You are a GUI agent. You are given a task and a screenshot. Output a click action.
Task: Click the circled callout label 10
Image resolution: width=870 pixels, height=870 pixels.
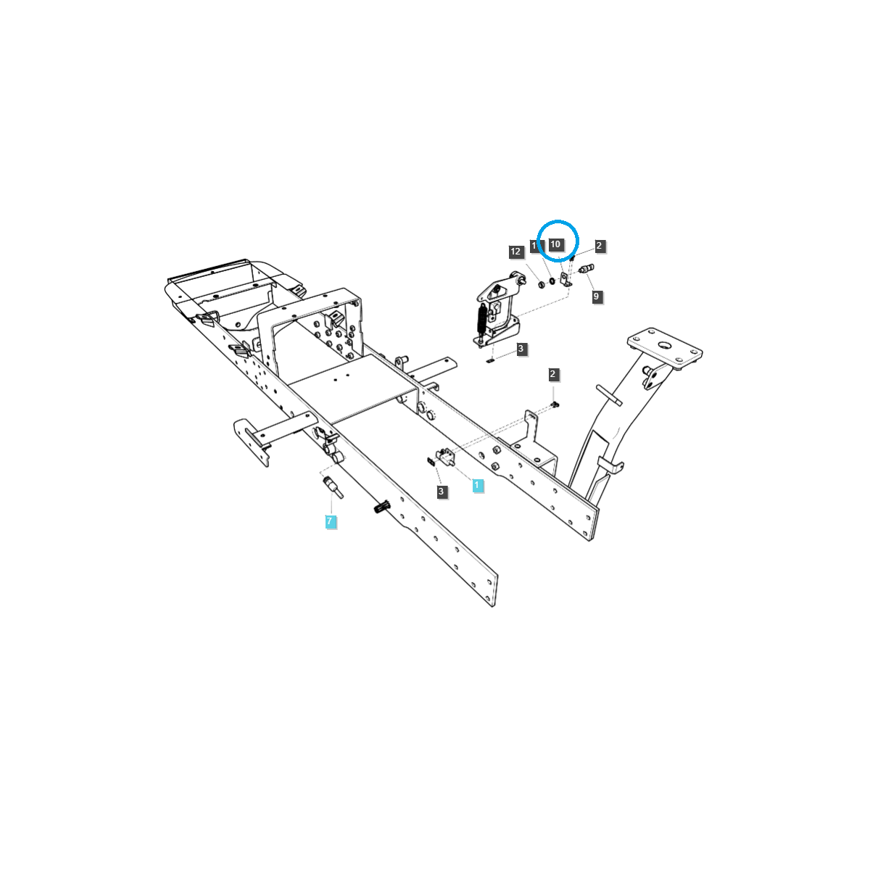click(555, 244)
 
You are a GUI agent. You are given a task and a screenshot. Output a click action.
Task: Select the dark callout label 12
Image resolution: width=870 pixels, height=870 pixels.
click(515, 252)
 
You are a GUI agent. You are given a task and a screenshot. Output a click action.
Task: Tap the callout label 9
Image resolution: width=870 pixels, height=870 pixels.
click(597, 297)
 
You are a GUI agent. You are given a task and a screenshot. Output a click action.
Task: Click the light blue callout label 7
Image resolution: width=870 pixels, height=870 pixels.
click(330, 521)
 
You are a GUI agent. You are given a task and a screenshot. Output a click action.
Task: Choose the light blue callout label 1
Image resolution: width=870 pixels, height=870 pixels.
click(478, 486)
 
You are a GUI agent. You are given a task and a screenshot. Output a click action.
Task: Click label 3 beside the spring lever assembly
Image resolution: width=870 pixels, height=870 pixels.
click(521, 349)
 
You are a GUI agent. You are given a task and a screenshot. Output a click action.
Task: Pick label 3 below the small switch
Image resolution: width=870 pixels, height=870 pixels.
click(442, 492)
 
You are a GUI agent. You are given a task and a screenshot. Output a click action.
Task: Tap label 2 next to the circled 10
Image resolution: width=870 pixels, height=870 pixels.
click(600, 246)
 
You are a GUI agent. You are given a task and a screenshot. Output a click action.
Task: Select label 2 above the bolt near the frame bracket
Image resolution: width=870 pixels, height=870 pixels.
click(553, 375)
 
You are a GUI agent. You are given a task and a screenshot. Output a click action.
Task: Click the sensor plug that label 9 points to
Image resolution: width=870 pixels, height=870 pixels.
click(587, 270)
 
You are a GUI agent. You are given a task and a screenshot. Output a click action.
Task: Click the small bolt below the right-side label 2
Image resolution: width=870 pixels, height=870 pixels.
click(555, 403)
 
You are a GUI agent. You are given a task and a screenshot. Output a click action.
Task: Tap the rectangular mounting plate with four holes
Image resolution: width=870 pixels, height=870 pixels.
click(666, 349)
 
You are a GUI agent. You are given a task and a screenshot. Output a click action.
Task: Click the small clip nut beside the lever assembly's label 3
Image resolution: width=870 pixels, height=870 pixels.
click(491, 359)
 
